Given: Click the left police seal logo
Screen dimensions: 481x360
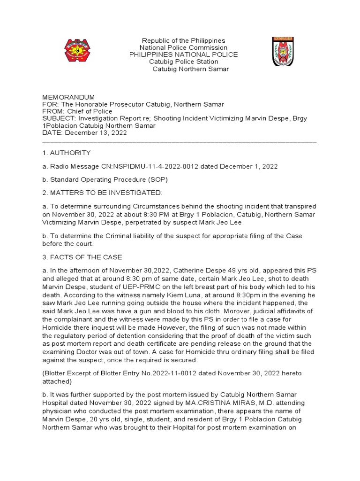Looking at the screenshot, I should [77, 51].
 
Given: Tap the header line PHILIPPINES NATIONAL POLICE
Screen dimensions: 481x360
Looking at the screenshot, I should [183, 55].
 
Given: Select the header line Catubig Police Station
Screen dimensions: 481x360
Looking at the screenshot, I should [183, 62].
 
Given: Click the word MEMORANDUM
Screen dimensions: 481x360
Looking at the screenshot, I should [68, 97].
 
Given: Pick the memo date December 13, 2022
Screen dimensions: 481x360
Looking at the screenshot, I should [96, 133].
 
